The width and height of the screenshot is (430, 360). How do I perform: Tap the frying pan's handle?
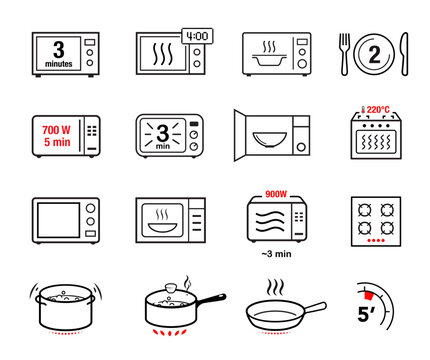308,307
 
